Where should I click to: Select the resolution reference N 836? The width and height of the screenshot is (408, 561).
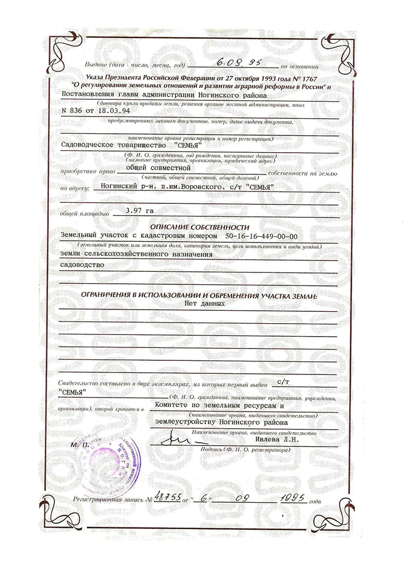point(74,110)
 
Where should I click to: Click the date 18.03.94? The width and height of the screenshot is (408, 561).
point(114,110)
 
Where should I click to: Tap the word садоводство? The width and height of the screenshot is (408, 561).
point(83,265)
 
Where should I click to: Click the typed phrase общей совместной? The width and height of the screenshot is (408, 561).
point(155,167)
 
